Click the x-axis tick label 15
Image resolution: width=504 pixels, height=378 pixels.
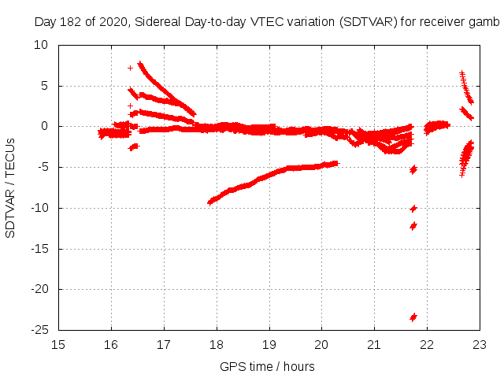tap(58, 344)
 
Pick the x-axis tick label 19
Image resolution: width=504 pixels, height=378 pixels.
tap(269, 344)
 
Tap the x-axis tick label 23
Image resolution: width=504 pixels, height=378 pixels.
tap(480, 344)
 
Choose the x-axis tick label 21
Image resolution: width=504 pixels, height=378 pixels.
tap(374, 344)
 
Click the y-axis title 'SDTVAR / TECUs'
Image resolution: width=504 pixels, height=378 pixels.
tap(11, 188)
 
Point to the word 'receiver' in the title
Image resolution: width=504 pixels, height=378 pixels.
tap(443, 21)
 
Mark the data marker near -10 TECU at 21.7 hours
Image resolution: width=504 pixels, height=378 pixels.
tap(413, 209)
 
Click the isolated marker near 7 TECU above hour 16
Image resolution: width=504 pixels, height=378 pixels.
tap(130, 68)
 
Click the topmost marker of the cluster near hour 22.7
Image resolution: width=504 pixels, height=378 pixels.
tap(461, 73)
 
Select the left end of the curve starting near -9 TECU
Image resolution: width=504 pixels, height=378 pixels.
tap(209, 202)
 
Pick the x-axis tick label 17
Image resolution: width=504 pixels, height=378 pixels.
tap(164, 344)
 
